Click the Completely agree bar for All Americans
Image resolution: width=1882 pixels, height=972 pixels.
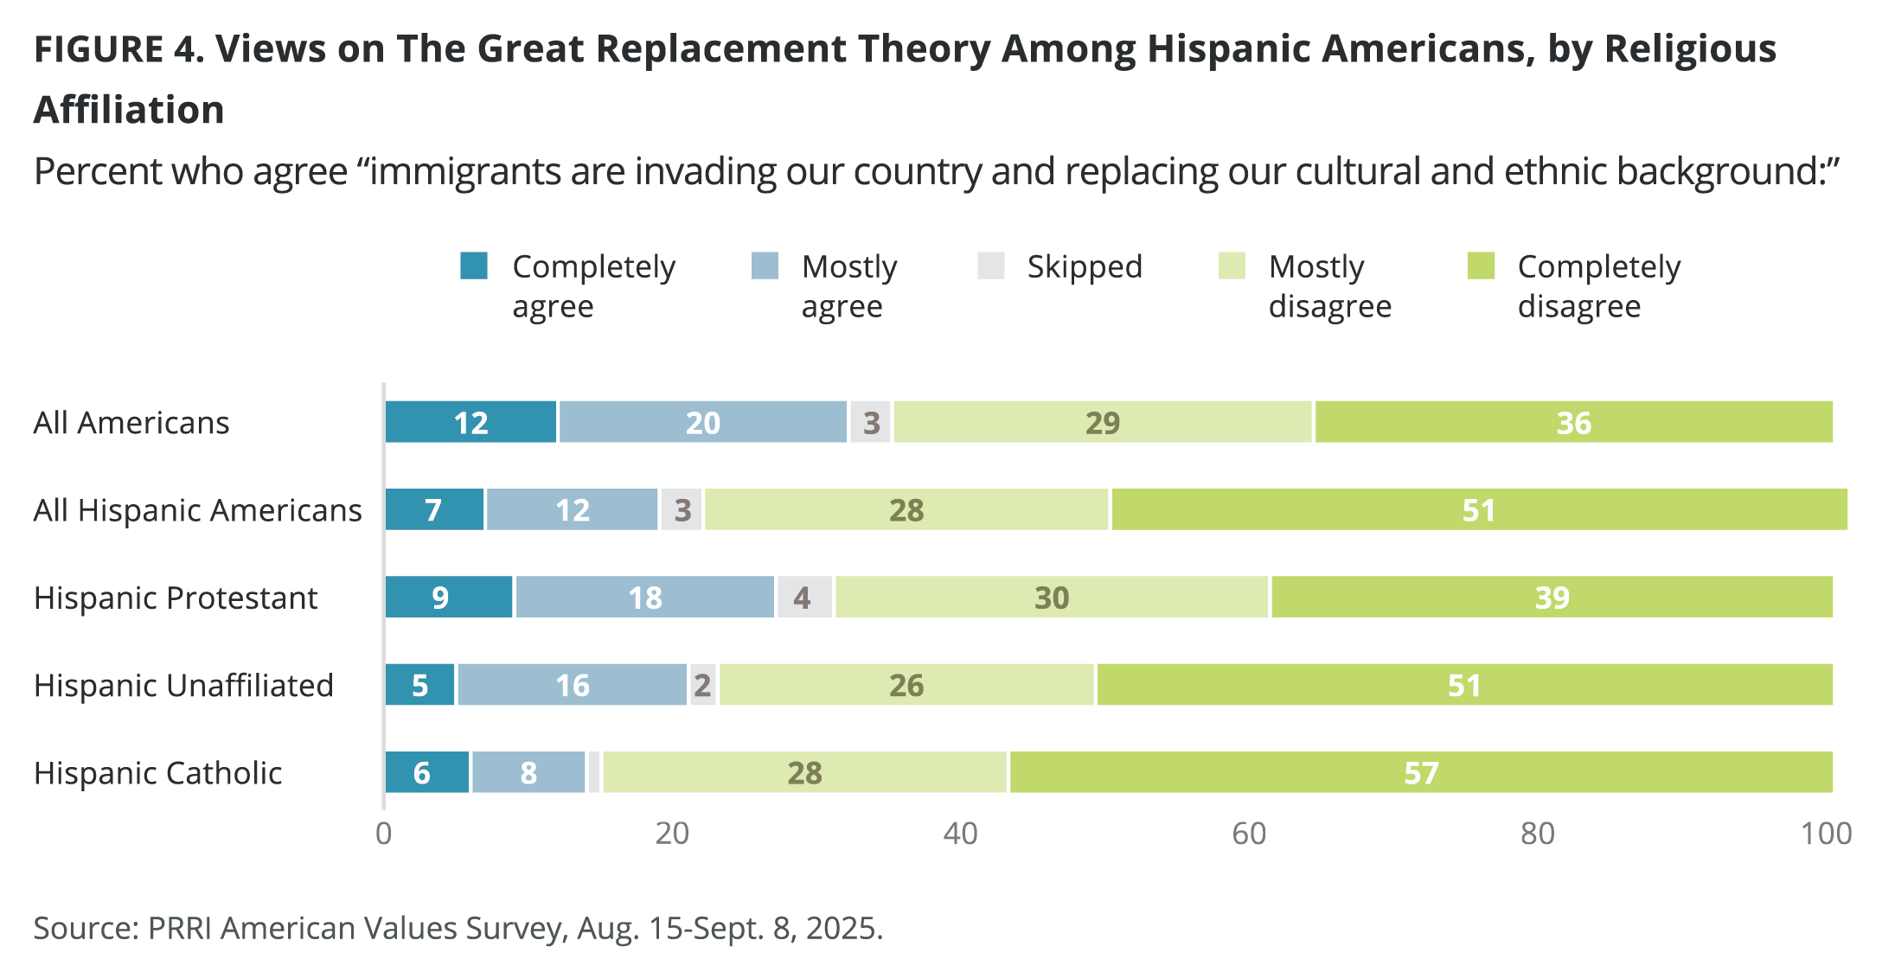click(x=470, y=423)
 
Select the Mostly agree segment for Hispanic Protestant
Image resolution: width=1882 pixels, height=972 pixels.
click(x=644, y=598)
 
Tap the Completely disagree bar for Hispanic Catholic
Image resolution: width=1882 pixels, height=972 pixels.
click(x=1420, y=772)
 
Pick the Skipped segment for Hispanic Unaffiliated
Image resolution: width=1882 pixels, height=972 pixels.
click(x=702, y=685)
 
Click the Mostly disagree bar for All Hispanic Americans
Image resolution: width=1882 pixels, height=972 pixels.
click(x=906, y=510)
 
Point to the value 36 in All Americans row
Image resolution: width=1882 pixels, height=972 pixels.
click(x=1573, y=423)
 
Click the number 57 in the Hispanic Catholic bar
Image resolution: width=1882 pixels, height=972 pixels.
click(x=1421, y=772)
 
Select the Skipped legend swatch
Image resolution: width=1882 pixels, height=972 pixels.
click(x=991, y=266)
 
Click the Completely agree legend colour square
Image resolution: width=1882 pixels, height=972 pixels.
click(x=474, y=266)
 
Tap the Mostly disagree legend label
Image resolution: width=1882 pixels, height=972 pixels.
click(x=1329, y=286)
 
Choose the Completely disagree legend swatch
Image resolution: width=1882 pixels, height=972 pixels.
click(x=1482, y=266)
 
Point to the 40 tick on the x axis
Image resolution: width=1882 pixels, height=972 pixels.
click(x=960, y=834)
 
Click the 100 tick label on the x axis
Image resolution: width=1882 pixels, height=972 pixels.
click(x=1826, y=834)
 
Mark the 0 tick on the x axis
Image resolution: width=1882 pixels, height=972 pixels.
click(x=384, y=834)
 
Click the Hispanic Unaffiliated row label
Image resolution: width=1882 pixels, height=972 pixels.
click(x=183, y=686)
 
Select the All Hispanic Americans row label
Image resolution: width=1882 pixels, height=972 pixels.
click(x=197, y=511)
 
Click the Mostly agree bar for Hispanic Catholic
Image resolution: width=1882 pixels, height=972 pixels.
click(x=528, y=772)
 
